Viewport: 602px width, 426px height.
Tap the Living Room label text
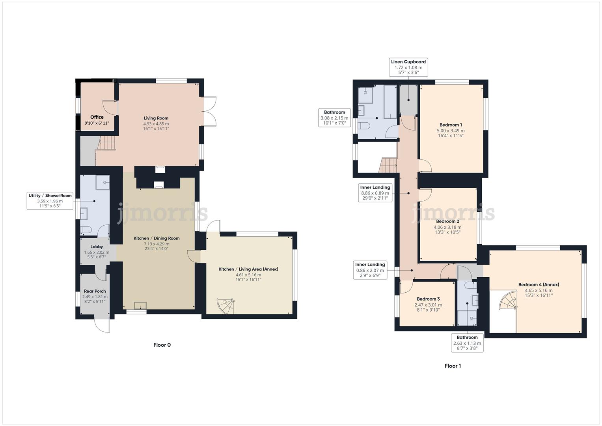[156, 118]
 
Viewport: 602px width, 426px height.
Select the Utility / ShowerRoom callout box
[50, 201]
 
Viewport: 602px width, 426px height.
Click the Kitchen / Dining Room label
[156, 238]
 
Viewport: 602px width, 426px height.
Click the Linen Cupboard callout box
[408, 67]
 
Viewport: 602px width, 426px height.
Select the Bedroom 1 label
[451, 125]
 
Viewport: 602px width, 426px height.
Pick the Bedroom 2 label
[447, 222]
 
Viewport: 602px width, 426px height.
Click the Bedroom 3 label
[428, 299]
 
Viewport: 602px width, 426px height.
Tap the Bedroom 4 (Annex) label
[538, 285]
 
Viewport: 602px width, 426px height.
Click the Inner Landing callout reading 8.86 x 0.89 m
[375, 193]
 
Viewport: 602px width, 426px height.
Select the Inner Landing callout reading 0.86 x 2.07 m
[370, 270]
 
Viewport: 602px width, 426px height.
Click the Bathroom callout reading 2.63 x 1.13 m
[467, 343]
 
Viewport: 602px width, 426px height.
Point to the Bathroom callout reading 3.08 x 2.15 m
[334, 118]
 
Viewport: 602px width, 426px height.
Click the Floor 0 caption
[162, 345]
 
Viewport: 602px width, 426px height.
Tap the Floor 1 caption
[453, 366]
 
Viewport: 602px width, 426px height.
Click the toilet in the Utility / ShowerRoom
[86, 230]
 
